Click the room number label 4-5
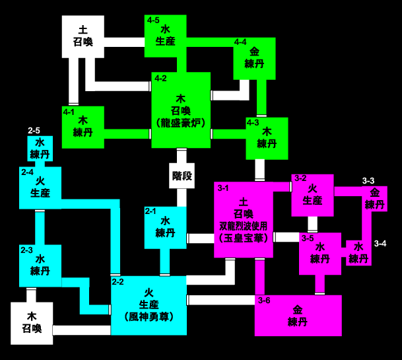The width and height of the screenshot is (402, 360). [x=153, y=20]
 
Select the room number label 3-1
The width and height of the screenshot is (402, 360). [x=222, y=188]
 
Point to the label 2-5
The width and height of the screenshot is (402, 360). [x=34, y=131]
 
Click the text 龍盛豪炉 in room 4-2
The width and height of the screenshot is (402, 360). [x=181, y=123]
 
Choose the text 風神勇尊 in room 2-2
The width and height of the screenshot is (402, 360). [x=149, y=316]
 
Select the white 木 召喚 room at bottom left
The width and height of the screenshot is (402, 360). [x=31, y=322]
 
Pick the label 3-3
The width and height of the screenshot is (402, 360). [x=368, y=181]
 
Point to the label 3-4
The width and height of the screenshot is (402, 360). [x=380, y=244]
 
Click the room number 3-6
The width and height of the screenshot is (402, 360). [x=264, y=301]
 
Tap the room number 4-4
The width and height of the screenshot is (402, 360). [x=240, y=42]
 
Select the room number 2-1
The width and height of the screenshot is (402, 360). [x=151, y=211]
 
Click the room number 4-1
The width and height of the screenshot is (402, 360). [x=69, y=112]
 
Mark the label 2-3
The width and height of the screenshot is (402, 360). [x=26, y=250]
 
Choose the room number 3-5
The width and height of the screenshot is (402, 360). [x=307, y=238]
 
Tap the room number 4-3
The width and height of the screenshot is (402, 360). [x=252, y=122]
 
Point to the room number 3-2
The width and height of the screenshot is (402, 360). [x=300, y=178]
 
